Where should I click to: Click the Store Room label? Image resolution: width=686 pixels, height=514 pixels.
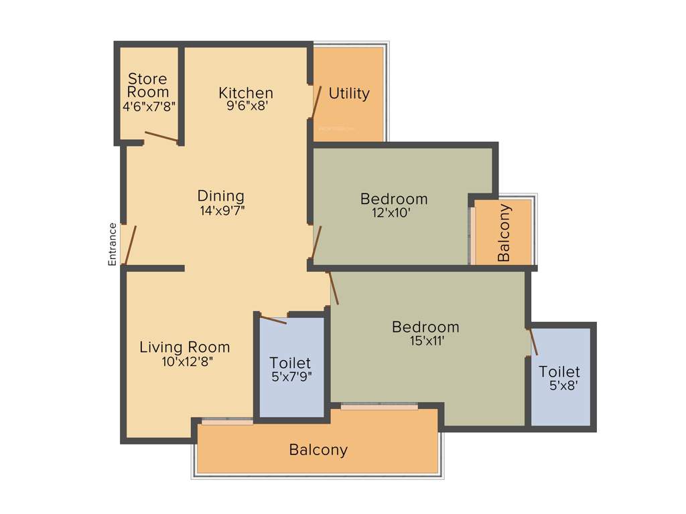[x=148, y=85]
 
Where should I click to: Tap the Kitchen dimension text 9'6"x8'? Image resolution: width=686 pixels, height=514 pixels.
[x=246, y=106]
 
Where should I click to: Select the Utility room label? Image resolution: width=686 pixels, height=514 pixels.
[x=348, y=94]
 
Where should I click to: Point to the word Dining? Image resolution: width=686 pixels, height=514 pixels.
[x=220, y=196]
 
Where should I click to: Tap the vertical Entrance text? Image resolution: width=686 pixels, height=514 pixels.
[x=113, y=244]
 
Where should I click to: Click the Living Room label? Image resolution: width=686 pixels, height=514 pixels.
[x=184, y=347]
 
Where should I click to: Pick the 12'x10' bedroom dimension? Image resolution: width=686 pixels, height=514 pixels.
[x=394, y=213]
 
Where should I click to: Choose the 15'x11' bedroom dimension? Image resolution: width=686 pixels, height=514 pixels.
[x=425, y=341]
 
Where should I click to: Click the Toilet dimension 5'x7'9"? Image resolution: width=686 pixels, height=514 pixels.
[x=291, y=377]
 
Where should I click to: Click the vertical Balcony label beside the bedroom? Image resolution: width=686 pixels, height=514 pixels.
[x=504, y=232]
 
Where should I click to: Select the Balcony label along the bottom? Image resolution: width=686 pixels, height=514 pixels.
[x=318, y=450]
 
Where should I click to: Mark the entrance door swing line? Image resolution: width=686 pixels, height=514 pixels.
[x=131, y=245]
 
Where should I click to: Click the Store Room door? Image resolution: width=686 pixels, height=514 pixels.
[x=161, y=136]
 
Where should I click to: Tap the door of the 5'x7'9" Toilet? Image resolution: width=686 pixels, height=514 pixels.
[x=273, y=319]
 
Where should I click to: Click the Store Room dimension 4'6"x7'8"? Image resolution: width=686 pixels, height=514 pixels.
[x=148, y=106]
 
